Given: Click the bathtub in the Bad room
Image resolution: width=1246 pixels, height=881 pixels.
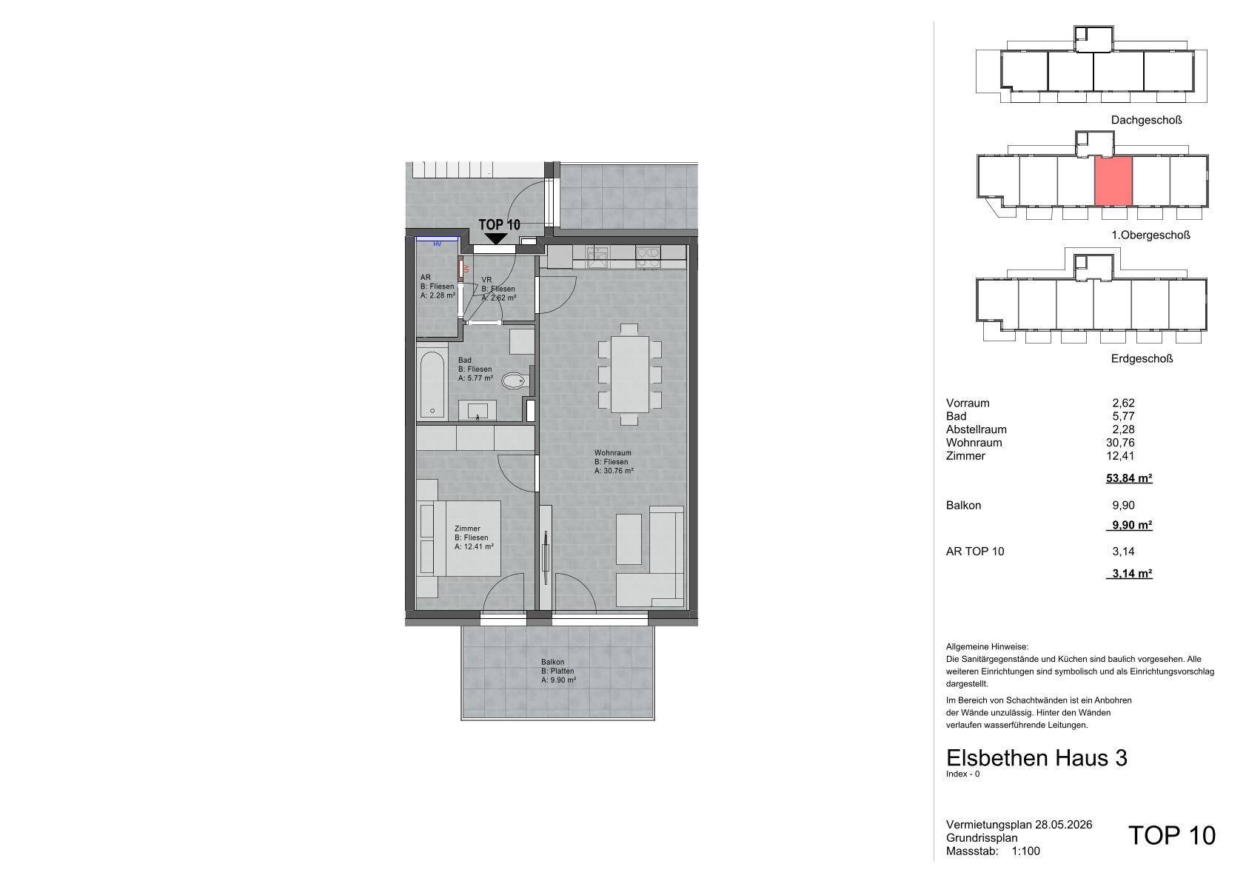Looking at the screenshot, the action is pos(432,383).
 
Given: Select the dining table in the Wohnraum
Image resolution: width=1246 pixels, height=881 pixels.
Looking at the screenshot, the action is pos(630,374).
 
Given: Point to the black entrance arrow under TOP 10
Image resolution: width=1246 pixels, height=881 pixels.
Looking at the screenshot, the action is pos(495,238).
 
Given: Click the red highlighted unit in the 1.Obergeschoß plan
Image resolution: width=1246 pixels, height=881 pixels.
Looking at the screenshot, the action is pos(1113,181).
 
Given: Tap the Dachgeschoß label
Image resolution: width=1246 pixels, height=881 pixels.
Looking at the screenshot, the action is pos(1146,120).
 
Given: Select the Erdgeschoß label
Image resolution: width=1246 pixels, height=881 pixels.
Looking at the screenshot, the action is pos(1142,359).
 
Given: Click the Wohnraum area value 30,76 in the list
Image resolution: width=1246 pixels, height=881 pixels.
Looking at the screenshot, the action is pos(1120,443).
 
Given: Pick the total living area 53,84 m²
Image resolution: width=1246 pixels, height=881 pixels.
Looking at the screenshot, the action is pos(1128,478).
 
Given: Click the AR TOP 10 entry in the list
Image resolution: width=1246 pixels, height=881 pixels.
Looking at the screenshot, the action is pos(974,552).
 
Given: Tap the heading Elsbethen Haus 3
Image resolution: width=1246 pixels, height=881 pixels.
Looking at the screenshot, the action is pos(1036,758).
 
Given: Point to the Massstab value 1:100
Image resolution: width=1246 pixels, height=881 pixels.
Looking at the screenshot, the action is pos(1025,851).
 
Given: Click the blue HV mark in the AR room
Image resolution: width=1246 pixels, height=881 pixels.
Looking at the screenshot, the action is pos(438,244).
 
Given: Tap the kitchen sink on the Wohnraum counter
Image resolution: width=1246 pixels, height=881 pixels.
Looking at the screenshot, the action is pos(597,257).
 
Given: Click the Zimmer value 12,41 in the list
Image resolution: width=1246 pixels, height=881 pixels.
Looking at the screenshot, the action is pos(1120,456).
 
